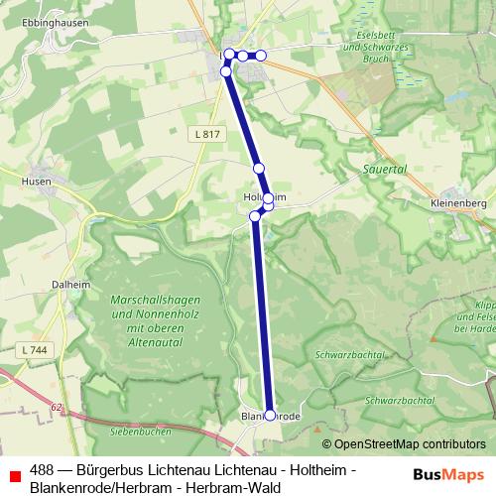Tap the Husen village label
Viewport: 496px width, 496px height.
37,182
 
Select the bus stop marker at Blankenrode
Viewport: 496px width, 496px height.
270,416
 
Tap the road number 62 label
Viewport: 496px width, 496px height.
57,407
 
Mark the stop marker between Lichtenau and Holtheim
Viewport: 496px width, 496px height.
258,169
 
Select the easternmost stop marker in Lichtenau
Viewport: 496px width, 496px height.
262,55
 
